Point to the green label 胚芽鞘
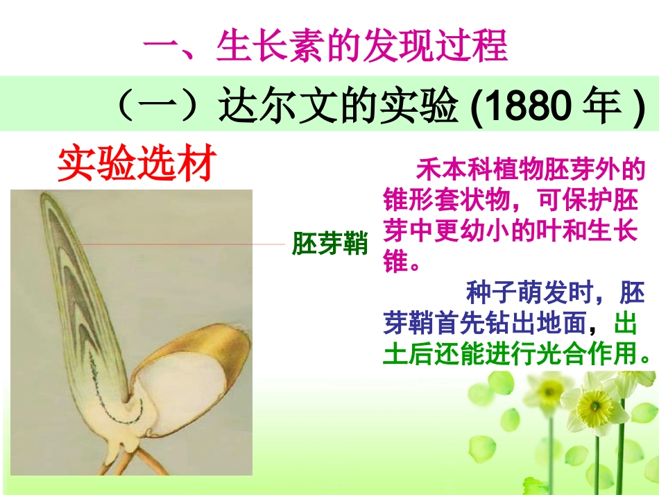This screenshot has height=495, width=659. pos(329,244)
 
